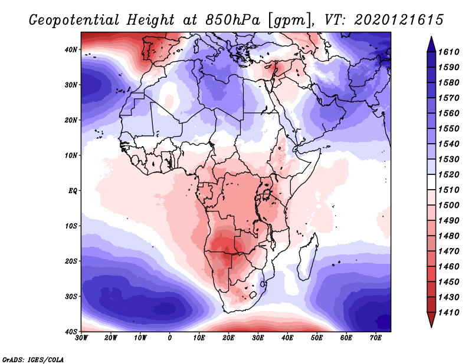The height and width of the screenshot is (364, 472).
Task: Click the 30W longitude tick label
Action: pos(81,338)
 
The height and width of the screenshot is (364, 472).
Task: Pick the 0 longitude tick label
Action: pos(170,338)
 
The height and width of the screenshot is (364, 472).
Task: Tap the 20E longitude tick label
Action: pos(228,338)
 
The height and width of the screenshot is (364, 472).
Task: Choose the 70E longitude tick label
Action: pos(376,338)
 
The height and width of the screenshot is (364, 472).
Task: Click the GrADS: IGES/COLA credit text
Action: pos(33,359)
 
